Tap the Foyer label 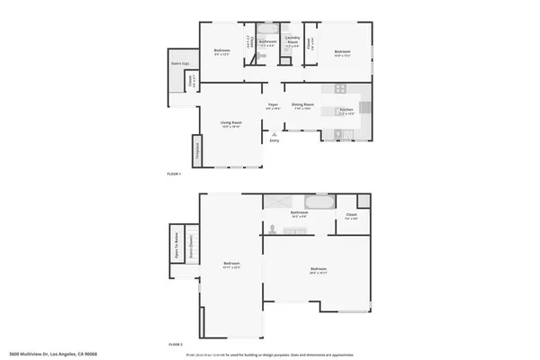click(273, 105)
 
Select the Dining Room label click(301, 105)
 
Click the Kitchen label click(346, 110)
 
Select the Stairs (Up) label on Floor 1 click(180, 62)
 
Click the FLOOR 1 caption click(175, 173)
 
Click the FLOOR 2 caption click(175, 344)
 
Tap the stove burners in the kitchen click(341, 89)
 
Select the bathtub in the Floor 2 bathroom click(318, 201)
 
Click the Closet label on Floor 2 click(352, 215)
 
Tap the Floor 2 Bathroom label click(300, 213)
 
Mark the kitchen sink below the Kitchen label click(341, 133)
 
